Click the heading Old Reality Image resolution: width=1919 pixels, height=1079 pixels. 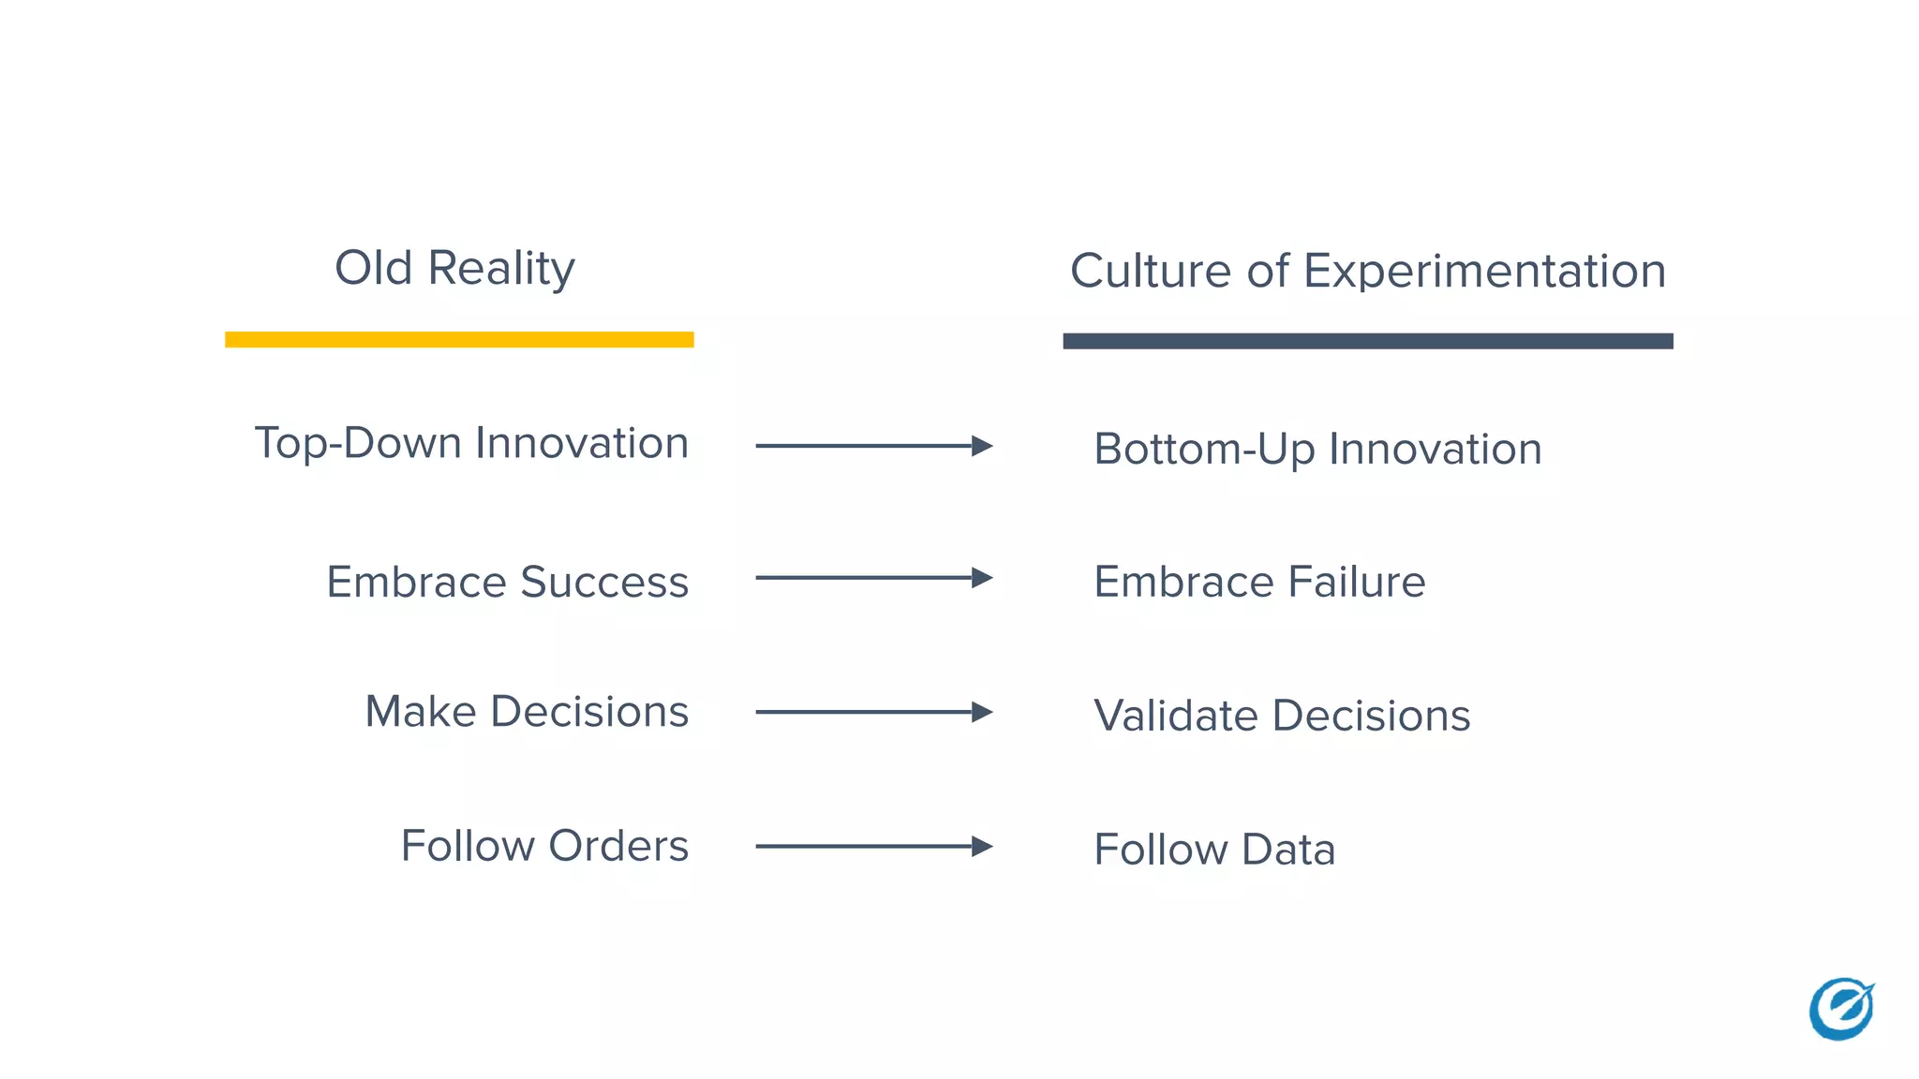tap(454, 269)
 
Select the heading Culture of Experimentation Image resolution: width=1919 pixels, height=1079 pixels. tap(1367, 272)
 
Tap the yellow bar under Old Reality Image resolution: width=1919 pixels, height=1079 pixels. tap(459, 339)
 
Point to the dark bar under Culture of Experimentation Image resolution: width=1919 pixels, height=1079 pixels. tap(1367, 341)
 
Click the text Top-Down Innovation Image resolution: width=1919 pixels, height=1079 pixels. tap(471, 444)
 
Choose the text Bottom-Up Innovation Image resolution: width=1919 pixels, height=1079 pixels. tap(1317, 450)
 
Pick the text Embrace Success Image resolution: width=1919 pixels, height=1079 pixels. tap(507, 582)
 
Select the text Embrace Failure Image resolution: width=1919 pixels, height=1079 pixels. tap(1258, 582)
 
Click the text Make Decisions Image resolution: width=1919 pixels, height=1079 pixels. tap(527, 712)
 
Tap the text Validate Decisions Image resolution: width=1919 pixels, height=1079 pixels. tap(1281, 716)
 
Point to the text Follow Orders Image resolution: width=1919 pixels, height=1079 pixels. tap(544, 846)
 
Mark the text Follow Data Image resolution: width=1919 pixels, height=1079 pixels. tap(1213, 850)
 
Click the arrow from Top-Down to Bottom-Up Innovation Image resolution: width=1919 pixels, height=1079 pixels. tap(873, 446)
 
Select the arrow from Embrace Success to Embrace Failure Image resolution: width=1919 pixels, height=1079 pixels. tap(873, 578)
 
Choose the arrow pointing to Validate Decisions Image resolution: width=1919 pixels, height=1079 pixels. tap(873, 712)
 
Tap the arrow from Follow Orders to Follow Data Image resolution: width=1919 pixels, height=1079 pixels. tap(873, 847)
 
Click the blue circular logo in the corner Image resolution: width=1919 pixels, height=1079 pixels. tap(1841, 1009)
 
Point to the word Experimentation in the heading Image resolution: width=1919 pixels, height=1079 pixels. tap(1484, 272)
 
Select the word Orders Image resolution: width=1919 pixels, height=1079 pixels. tap(618, 846)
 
